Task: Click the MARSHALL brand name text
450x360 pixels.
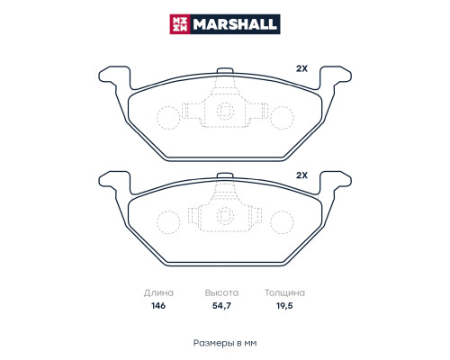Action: (235, 24)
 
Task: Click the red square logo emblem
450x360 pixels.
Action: (180, 24)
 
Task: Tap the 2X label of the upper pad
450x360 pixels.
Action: (301, 68)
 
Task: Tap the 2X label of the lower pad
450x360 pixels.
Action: (301, 175)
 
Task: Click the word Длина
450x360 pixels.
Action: (158, 292)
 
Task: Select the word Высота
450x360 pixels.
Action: (221, 292)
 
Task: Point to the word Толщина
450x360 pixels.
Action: (284, 292)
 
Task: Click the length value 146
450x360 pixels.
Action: (158, 306)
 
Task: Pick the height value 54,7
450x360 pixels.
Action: (221, 306)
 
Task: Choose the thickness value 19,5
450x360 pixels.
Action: (284, 306)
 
